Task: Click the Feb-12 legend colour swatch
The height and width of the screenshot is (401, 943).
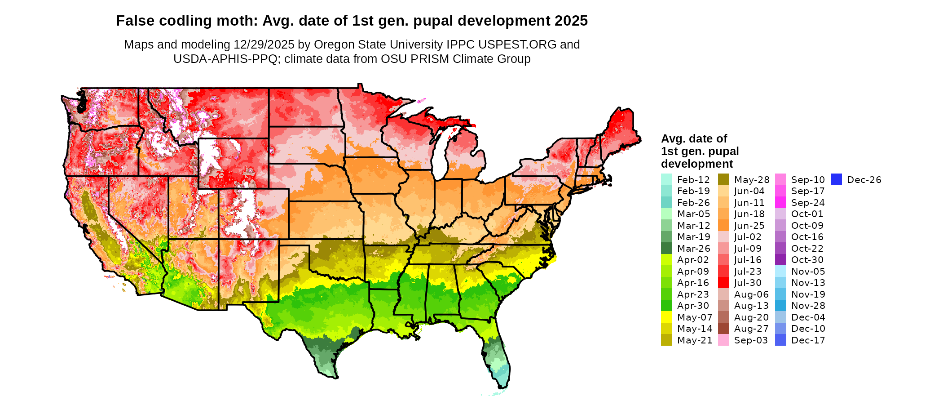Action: pyautogui.click(x=666, y=180)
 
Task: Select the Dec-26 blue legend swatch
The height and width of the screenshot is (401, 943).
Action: pyautogui.click(x=836, y=180)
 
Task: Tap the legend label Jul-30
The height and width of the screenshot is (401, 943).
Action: pyautogui.click(x=748, y=283)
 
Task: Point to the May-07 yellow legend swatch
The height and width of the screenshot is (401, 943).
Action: pyautogui.click(x=666, y=317)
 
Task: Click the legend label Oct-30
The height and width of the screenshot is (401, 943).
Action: pyautogui.click(x=807, y=260)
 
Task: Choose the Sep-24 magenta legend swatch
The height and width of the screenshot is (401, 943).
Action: pyautogui.click(x=781, y=203)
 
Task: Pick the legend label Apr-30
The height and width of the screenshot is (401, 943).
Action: pyautogui.click(x=693, y=306)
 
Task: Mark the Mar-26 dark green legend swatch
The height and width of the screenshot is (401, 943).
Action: pyautogui.click(x=666, y=249)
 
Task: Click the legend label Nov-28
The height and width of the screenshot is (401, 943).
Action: pyautogui.click(x=808, y=306)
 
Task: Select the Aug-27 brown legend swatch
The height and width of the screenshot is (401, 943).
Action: pyautogui.click(x=724, y=329)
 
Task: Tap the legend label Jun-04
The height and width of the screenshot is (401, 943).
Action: pyautogui.click(x=749, y=191)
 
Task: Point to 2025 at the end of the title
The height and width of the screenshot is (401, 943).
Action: pyautogui.click(x=571, y=21)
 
